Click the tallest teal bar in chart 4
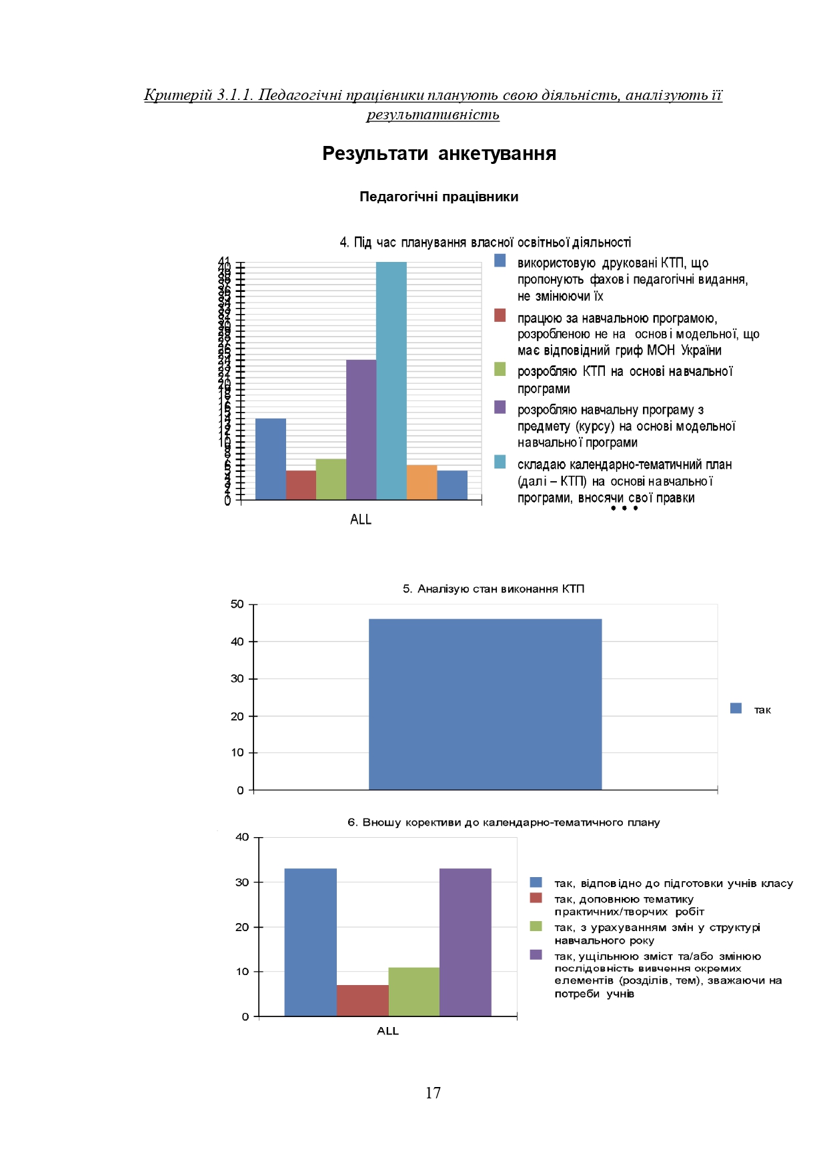tap(391, 380)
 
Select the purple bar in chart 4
tap(361, 429)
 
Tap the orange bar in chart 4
tap(422, 482)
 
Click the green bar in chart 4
tap(331, 479)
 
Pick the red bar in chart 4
tap(301, 485)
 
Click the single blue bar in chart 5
tap(485, 704)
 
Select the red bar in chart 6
tap(362, 1000)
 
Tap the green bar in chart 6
tap(414, 992)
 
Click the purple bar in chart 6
tap(465, 942)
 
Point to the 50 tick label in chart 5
tap(237, 604)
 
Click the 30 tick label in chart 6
tap(242, 882)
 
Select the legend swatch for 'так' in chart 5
tap(736, 708)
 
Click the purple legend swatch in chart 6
tap(536, 954)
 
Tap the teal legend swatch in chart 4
tap(500, 462)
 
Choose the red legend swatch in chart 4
tap(500, 315)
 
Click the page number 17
tap(433, 1092)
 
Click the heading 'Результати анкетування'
tap(439, 153)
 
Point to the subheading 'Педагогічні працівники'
tap(439, 197)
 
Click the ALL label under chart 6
tap(387, 1030)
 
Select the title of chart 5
tap(493, 588)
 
